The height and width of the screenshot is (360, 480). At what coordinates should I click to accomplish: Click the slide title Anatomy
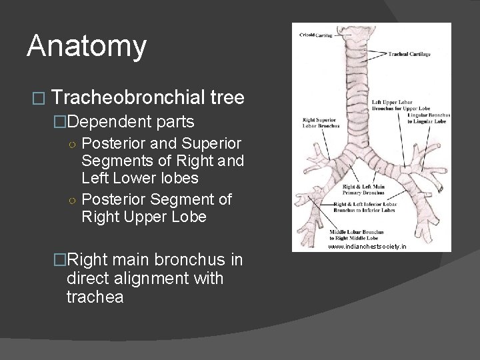(x=87, y=47)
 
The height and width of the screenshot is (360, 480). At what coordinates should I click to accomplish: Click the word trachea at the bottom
(x=95, y=296)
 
